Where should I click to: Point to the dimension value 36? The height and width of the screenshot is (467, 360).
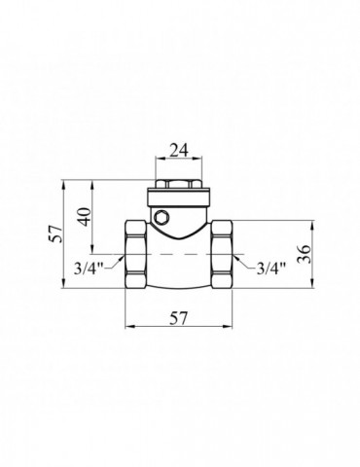305,255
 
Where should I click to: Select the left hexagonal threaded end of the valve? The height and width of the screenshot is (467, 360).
136,255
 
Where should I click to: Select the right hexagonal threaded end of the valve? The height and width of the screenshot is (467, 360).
222,255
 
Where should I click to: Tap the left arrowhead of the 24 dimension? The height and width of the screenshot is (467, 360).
157,163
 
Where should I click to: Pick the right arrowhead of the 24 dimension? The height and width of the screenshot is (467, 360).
199,163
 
